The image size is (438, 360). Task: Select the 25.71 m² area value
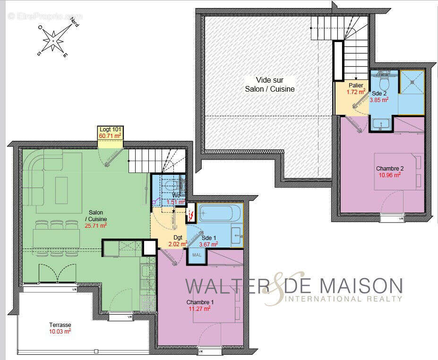pos(95,226)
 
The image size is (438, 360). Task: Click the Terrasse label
pos(60,325)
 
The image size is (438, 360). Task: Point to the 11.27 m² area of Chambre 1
pos(199,309)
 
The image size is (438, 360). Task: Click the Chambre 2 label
pos(389,168)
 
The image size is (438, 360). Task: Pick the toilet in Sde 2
pos(384,83)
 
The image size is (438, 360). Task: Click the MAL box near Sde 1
pos(197,255)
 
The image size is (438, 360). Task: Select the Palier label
pos(356,86)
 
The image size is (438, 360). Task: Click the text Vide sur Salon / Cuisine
pos(269,85)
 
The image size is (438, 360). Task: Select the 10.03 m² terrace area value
pos(60,332)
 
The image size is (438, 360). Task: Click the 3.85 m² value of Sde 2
pos(379,100)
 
